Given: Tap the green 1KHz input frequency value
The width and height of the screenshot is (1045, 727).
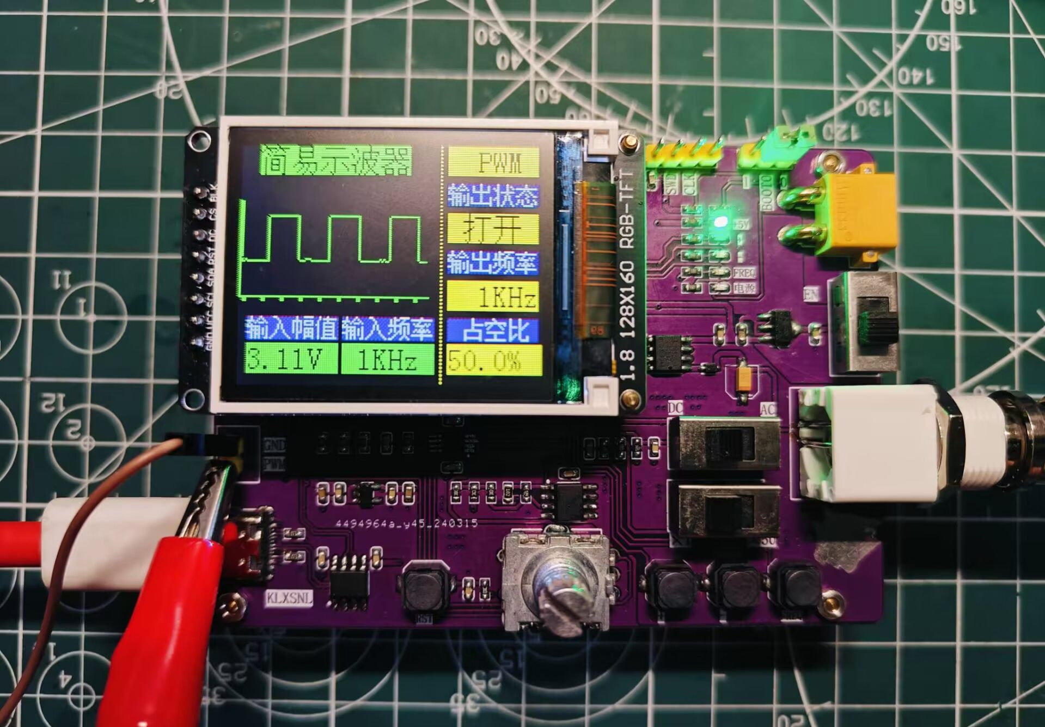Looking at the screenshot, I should point(387,359).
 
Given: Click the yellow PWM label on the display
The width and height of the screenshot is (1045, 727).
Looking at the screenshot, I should point(493,162).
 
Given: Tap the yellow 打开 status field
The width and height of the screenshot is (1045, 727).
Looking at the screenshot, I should point(493,228).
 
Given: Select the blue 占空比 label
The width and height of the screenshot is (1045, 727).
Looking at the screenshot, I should point(493,330).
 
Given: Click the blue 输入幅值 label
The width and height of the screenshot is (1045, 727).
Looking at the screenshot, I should point(291,328).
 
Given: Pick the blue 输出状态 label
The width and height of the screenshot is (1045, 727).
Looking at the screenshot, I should point(493,195).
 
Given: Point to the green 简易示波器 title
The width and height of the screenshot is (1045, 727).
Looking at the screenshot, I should point(335,160).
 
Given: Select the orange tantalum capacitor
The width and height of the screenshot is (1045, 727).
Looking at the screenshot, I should point(743,377).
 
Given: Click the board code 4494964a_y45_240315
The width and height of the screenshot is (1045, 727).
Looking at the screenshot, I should point(406,523).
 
